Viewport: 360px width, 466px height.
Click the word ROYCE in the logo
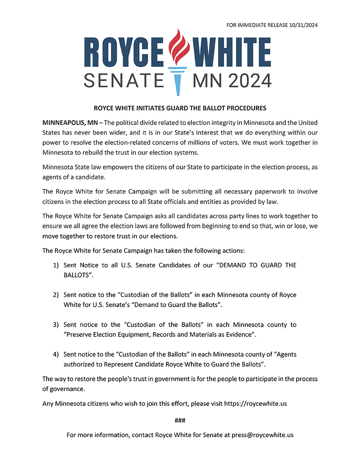point(123,51)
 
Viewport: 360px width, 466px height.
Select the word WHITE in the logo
point(232,51)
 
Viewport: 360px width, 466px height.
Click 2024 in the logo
point(249,80)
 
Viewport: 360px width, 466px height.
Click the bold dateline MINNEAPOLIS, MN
point(70,123)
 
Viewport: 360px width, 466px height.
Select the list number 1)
point(55,265)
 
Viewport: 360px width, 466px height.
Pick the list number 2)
point(55,295)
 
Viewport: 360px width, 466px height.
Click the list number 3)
point(55,325)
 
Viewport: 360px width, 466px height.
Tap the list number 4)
point(55,354)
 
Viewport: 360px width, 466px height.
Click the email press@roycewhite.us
point(262,435)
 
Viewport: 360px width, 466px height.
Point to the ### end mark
point(180,420)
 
